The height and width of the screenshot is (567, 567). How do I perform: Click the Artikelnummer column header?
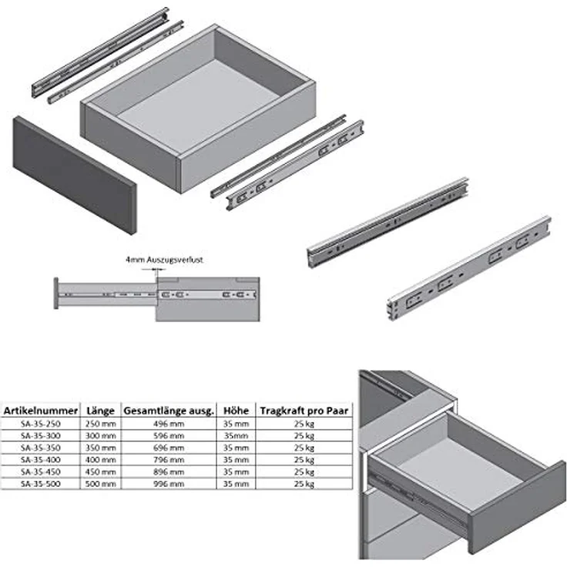pos(41,411)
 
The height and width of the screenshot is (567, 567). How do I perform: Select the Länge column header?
pos(100,411)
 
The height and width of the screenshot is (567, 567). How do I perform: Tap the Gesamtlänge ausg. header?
pos(169,411)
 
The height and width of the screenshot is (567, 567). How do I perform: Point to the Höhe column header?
pos(237,411)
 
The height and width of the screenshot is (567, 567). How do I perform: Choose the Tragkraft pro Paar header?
pos(304,411)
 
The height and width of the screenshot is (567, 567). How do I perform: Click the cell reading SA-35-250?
pos(41,424)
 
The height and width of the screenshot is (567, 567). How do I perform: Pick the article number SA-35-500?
pos(41,484)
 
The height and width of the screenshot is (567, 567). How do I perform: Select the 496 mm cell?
pos(169,424)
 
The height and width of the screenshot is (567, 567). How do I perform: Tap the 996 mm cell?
pos(169,484)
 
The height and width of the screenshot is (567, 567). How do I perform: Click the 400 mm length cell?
pos(100,460)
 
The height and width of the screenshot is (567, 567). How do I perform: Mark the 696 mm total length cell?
pos(169,448)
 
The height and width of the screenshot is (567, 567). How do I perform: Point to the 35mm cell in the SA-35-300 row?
pos(237,436)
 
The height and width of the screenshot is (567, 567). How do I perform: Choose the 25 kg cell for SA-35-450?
pos(304,472)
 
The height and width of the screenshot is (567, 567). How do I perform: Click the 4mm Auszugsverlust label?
pos(164,260)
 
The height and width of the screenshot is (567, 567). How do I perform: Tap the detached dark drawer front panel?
pos(75,175)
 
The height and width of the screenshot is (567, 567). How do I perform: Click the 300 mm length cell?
pos(100,436)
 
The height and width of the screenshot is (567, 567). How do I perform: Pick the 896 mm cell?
pos(169,472)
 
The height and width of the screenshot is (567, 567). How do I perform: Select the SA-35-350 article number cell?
pos(41,448)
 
